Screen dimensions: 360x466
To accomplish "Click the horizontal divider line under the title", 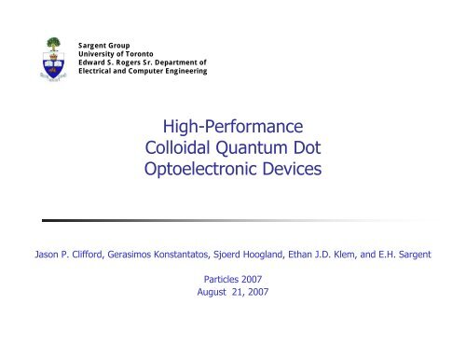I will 233,221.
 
